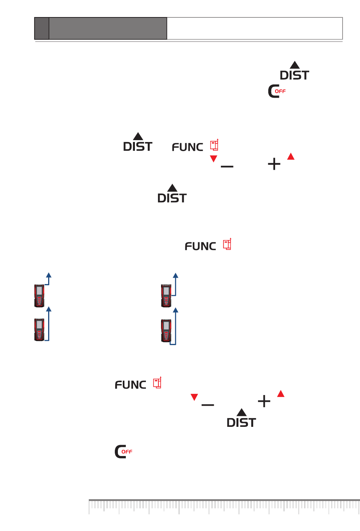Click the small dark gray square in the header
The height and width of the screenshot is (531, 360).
point(42,28)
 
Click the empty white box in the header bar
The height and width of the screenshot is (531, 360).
point(255,28)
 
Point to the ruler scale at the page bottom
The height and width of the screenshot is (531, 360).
point(224,507)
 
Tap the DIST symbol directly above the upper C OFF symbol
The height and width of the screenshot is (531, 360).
point(294,71)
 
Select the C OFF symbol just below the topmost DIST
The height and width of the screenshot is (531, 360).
point(277,91)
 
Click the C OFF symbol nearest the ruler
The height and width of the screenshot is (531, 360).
point(123,451)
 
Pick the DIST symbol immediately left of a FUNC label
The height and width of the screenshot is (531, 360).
point(138,142)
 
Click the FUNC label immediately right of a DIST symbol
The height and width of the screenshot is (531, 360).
point(187,147)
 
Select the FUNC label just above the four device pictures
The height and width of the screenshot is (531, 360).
point(200,246)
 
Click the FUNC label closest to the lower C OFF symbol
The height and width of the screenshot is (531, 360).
point(130,384)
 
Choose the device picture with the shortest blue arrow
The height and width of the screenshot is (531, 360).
point(39,295)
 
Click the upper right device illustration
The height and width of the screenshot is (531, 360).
point(166,295)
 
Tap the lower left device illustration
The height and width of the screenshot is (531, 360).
point(39,330)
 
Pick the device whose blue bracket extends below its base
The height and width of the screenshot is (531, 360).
point(166,331)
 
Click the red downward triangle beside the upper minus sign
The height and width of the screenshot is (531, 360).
point(214,158)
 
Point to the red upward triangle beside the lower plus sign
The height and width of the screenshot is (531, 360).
point(281,394)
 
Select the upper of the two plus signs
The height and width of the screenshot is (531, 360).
point(274,164)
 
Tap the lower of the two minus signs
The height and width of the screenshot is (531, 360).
point(208,405)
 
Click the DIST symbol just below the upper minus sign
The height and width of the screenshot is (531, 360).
point(172,194)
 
